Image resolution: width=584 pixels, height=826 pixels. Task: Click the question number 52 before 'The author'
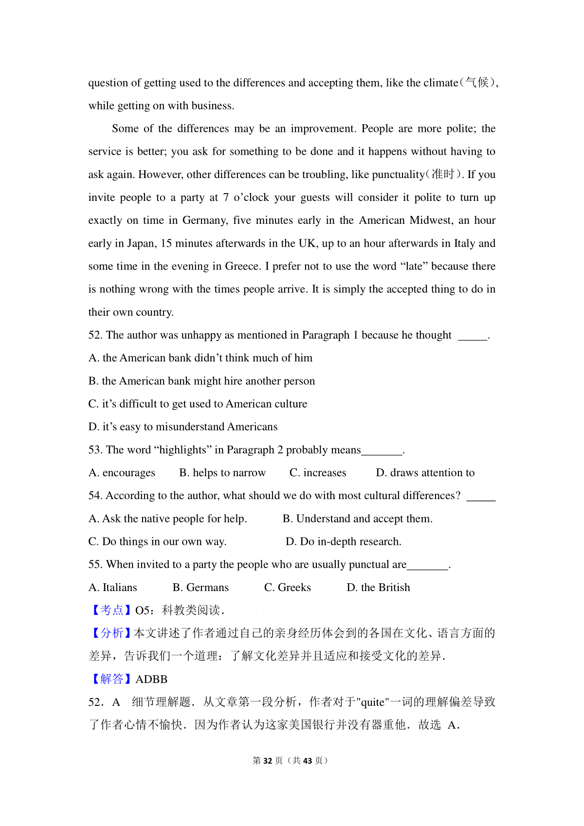[94, 335]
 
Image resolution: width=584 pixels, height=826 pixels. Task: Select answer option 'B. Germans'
[201, 588]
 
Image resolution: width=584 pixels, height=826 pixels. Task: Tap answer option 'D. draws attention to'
[425, 473]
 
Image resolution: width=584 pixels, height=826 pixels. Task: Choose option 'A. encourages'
[122, 473]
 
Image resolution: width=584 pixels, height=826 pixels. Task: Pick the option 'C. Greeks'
[287, 588]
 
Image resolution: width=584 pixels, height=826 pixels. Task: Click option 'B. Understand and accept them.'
[357, 519]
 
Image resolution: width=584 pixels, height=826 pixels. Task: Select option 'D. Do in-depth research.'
[343, 542]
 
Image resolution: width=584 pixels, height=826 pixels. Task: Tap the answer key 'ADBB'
[151, 680]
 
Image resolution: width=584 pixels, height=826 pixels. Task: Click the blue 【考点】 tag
[111, 611]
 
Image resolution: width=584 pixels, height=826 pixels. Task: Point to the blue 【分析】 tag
[111, 633]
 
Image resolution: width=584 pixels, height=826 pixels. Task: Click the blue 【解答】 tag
[111, 680]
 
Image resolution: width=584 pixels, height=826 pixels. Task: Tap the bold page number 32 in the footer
[268, 761]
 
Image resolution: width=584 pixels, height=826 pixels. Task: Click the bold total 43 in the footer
[307, 761]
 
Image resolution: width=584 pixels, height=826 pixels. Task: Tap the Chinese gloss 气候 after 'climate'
[477, 83]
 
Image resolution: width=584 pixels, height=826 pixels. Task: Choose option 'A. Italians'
[112, 588]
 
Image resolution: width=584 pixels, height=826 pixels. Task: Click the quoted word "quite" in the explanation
[373, 702]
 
